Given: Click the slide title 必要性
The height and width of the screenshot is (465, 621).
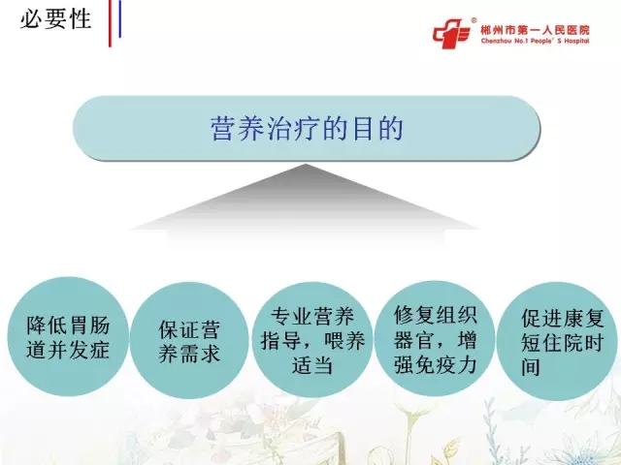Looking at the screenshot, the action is coord(56,19).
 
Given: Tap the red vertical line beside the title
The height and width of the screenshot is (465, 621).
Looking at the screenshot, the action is coord(110,23).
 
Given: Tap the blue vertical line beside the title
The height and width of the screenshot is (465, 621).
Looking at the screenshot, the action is coord(119,19).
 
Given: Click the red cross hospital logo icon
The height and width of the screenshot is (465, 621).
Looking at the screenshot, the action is coord(451,33).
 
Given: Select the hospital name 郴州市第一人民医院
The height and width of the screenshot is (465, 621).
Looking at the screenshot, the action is coord(535,30).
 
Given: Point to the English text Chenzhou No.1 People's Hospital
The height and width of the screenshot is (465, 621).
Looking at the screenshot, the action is coord(535,41).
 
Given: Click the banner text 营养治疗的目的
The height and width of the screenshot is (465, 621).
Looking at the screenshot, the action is coord(307,129).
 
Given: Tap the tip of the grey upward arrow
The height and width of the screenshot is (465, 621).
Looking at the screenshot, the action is coord(306,164).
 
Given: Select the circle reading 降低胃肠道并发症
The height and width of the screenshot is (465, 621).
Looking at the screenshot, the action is coord(68,336).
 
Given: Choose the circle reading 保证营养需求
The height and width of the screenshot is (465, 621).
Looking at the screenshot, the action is coord(189,340).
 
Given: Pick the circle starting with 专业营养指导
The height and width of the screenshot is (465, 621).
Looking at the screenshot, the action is coord(312,340).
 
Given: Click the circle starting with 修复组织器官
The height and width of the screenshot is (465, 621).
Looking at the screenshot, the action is coord(435,339).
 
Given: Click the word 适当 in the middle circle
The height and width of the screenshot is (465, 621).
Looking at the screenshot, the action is coord(312,364).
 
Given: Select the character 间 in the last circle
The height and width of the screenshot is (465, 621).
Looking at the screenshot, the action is coord(531,366).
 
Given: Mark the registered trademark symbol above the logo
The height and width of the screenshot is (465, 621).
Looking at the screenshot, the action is coord(474,19).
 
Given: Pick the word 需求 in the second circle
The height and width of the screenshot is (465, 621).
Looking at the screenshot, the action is coord(200,353).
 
